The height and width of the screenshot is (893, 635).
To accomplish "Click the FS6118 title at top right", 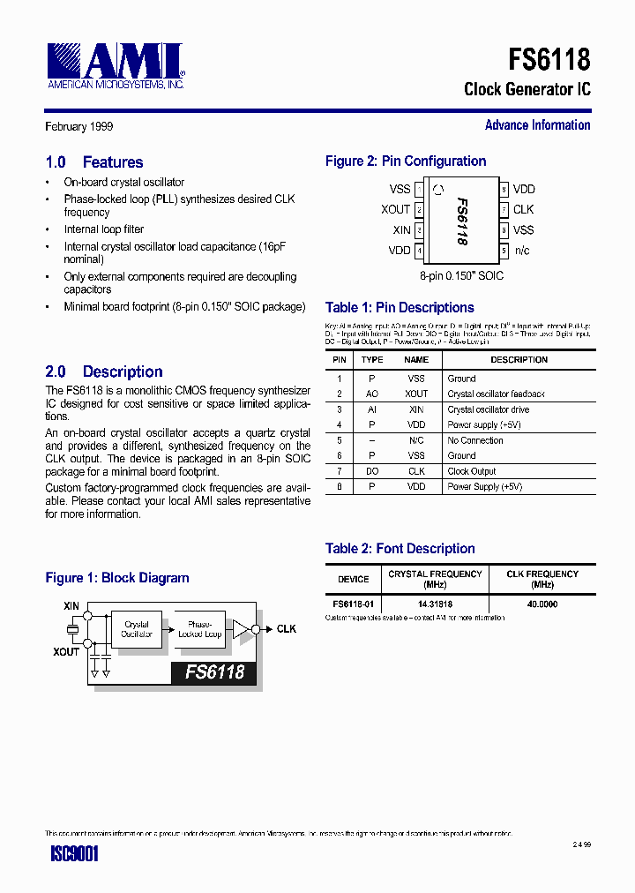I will (x=549, y=59).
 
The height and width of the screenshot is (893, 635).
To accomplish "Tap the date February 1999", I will (x=79, y=127).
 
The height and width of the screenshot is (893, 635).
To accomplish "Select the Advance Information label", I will (x=537, y=125).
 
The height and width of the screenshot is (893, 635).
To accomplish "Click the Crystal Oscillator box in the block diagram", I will (x=137, y=629).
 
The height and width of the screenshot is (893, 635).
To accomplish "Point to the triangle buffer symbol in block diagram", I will (x=240, y=629).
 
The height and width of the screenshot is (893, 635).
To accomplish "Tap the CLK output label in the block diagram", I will (x=287, y=629).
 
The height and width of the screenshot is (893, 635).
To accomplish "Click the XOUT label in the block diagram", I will (x=66, y=651).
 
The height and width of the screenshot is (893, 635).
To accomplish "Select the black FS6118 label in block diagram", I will (x=214, y=672).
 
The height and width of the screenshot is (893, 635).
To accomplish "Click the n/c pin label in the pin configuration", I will (x=522, y=251).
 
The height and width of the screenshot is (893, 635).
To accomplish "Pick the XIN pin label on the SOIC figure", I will (x=401, y=230).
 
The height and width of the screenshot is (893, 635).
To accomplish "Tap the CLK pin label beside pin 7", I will (x=523, y=210).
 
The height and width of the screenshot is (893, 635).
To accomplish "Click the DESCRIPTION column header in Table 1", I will (x=519, y=360).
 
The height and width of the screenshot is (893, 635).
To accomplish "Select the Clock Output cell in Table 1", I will (x=472, y=471).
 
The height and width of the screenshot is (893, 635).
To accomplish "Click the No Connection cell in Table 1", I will (x=475, y=440).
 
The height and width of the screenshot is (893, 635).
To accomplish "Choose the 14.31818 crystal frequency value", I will (x=435, y=604).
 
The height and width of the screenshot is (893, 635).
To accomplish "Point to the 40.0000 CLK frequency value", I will (x=542, y=604).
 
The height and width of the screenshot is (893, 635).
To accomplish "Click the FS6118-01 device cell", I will (x=354, y=604).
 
